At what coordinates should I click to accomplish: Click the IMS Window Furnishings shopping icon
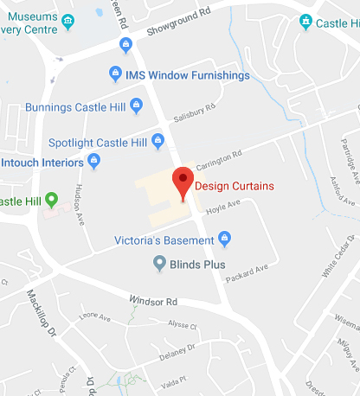116,75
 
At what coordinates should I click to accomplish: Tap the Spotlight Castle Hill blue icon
157,138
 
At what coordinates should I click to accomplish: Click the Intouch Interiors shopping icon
94,161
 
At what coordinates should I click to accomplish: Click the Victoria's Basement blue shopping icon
225,238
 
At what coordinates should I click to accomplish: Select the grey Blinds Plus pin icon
159,262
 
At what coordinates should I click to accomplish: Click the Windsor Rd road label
153,301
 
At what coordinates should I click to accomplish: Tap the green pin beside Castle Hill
51,201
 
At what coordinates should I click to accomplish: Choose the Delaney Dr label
178,351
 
